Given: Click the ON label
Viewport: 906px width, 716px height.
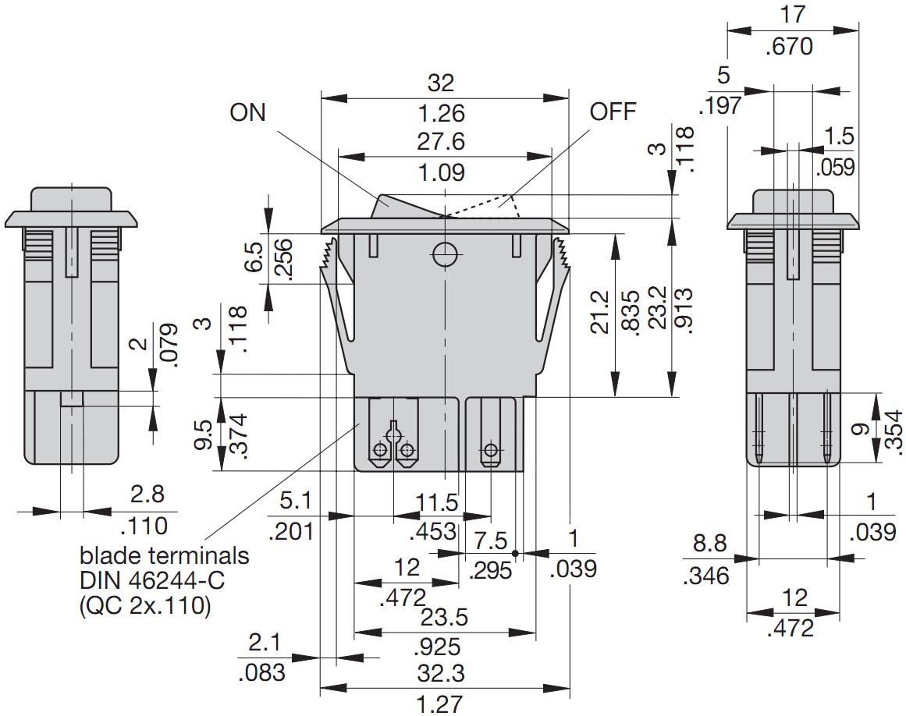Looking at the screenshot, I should [247, 112].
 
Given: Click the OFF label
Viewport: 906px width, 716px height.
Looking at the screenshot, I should [613, 111].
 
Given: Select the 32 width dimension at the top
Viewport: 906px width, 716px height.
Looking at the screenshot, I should [441, 83].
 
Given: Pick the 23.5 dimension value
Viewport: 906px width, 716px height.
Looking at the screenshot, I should [444, 617].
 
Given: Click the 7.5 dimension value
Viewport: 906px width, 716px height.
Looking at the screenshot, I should [491, 541].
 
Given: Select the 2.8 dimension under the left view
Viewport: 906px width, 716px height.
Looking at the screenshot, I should [147, 494].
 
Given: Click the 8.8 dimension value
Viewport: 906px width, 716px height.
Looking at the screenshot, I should [709, 543].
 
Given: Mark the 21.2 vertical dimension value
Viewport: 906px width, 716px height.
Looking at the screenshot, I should [600, 313].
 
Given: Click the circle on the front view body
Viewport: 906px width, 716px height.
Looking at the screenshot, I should [445, 253].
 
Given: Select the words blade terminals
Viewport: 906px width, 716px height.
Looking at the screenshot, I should [165, 556].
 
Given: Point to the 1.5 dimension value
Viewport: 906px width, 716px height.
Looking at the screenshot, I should [840, 136].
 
